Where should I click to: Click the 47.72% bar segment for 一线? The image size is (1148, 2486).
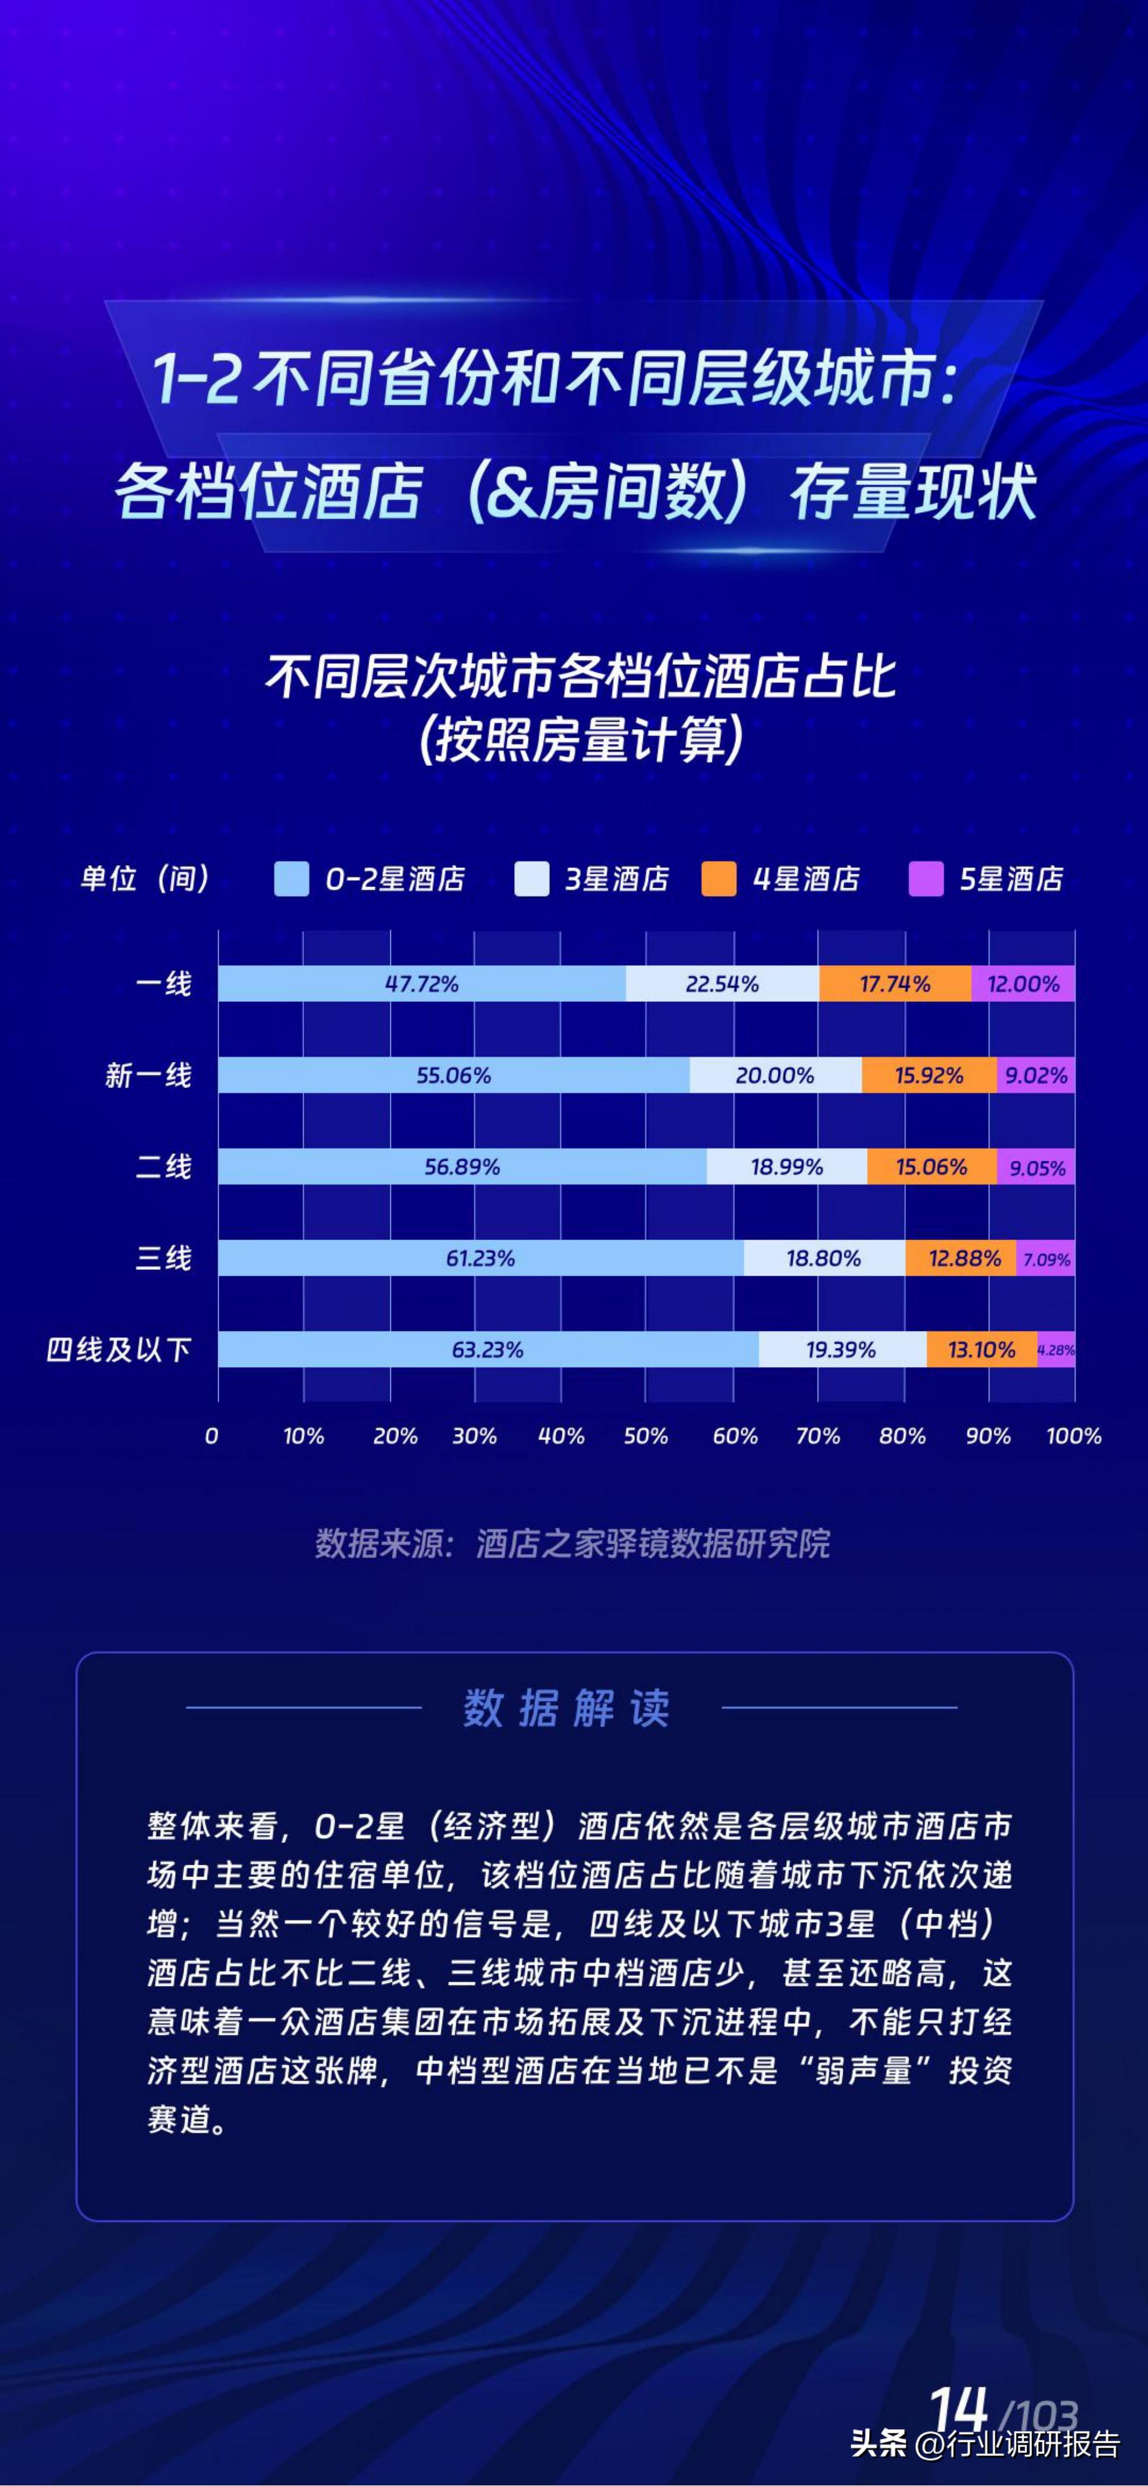[x=421, y=983]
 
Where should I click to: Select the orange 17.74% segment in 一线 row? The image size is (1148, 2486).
[x=894, y=983]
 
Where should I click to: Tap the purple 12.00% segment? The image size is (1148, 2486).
[x=1023, y=983]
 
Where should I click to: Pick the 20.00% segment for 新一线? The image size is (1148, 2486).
[x=775, y=1075]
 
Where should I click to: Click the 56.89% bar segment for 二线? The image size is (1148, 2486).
[x=462, y=1167]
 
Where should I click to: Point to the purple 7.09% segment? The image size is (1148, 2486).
[x=1046, y=1259]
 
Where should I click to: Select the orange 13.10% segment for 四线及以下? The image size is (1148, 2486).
[x=981, y=1349]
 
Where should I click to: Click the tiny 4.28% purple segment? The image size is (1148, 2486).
[x=1056, y=1349]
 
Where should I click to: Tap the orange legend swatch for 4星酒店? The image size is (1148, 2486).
[x=719, y=879]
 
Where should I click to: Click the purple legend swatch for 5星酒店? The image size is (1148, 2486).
[x=925, y=879]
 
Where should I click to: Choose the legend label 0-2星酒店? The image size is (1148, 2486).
[x=394, y=879]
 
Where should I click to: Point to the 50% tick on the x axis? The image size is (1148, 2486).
[x=645, y=1436]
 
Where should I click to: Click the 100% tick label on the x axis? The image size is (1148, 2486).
[x=1073, y=1436]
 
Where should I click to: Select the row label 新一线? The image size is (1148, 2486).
[x=149, y=1075]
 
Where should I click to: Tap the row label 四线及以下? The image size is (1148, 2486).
[x=119, y=1349]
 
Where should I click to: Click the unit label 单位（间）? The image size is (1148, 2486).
[x=145, y=879]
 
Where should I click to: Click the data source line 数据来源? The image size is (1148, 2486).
[x=572, y=1544]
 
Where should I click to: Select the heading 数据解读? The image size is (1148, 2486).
[x=567, y=1708]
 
